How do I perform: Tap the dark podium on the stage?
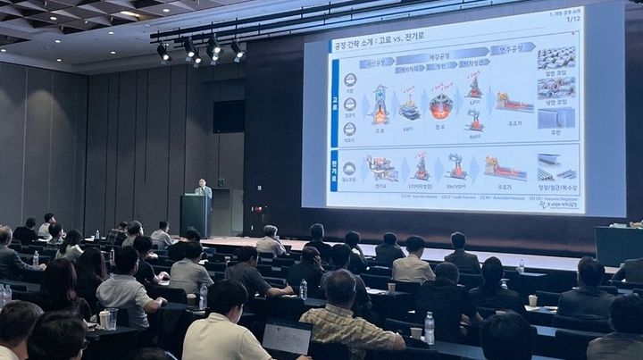[196, 215]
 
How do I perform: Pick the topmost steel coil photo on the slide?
[556, 59]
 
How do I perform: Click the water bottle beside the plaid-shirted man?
[430, 328]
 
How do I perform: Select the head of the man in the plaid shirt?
[340, 286]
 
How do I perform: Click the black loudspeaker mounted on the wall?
[229, 116]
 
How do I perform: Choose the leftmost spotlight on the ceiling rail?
[163, 52]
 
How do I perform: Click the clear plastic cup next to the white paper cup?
[113, 317]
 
